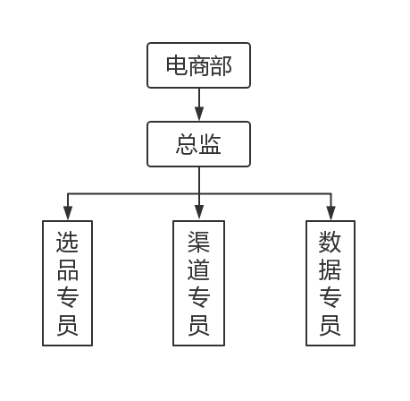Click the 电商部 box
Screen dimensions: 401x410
pos(198,65)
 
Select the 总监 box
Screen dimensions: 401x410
pos(198,144)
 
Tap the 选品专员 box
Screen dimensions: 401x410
pos(67,283)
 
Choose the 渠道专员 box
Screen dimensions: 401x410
pos(198,283)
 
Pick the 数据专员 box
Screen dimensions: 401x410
pos(330,283)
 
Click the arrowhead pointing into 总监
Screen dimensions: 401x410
pos(198,114)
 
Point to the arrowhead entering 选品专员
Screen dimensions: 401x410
pos(67,213)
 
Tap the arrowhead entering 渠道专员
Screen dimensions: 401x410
pos(198,213)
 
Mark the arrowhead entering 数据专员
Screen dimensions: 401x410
pos(330,213)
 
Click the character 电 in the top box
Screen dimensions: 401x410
pos(177,65)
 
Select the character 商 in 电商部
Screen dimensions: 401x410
pos(198,65)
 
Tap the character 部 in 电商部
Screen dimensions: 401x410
pos(221,65)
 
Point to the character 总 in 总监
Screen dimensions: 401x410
pos(188,144)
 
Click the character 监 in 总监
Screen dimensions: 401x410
pos(210,144)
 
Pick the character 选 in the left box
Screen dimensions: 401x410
pos(67,243)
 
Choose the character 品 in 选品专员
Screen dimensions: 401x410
pos(67,269)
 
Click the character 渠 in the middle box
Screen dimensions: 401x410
pos(198,243)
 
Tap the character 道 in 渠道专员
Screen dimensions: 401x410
pos(198,269)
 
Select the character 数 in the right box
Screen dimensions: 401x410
pos(330,243)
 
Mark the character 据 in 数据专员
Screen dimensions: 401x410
pos(330,269)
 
